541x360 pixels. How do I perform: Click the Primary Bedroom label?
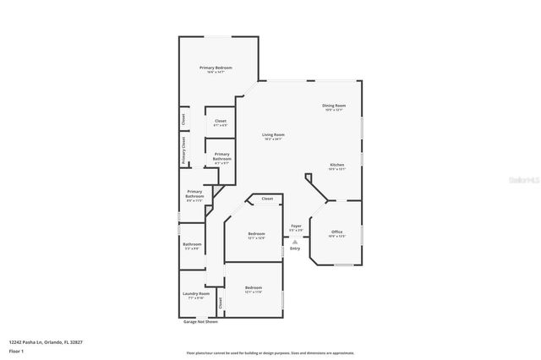(x=216, y=67)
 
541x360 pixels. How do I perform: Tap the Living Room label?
(x=272, y=135)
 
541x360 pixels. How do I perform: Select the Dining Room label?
(x=334, y=105)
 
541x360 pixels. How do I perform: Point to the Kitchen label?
(x=337, y=164)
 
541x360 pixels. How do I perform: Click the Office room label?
(x=336, y=232)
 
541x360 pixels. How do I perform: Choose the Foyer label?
(x=296, y=226)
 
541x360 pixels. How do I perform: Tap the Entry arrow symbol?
(x=295, y=241)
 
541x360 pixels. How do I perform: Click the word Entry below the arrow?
(x=295, y=248)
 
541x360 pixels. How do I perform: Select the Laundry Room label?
(x=196, y=293)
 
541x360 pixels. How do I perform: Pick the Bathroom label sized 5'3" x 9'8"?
(x=192, y=244)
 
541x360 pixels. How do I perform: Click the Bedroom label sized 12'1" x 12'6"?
(x=255, y=233)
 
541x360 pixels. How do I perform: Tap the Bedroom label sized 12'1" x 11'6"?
(x=253, y=287)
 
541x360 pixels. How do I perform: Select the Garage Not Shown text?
(x=200, y=322)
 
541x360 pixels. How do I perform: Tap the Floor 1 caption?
(x=17, y=351)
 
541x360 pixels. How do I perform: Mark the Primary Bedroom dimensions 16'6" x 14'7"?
(x=216, y=73)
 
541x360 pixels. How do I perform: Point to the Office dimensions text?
(x=336, y=237)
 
